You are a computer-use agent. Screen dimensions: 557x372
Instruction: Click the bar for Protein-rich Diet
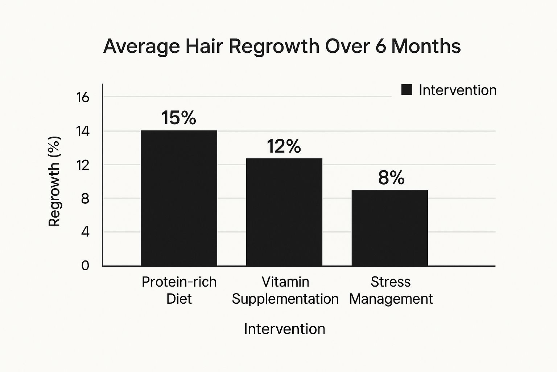179,198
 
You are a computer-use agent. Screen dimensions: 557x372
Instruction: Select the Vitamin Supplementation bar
284,212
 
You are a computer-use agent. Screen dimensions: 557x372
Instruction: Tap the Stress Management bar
390,228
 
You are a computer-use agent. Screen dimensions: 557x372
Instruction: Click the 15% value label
178,118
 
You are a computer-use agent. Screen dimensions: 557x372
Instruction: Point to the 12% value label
284,146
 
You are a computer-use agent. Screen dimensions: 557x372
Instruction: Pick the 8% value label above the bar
391,178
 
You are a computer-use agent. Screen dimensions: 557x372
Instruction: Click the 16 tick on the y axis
83,97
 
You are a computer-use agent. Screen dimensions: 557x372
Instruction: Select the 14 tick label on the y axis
83,131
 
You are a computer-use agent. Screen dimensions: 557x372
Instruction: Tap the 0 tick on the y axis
85,266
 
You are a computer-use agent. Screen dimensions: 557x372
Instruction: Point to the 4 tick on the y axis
85,232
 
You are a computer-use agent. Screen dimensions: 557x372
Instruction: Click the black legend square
407,90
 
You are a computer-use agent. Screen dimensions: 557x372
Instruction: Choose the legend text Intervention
458,90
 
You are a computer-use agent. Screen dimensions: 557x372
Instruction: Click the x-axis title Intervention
284,329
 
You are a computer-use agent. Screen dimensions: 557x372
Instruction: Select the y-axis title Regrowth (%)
54,181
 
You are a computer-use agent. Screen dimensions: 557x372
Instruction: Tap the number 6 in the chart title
380,46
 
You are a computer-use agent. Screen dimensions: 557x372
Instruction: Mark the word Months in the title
426,46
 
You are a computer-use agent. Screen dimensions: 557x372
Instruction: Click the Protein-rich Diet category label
179,290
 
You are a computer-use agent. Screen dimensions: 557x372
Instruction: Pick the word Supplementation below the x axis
285,299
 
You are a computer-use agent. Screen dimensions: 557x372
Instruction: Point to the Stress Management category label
391,291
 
